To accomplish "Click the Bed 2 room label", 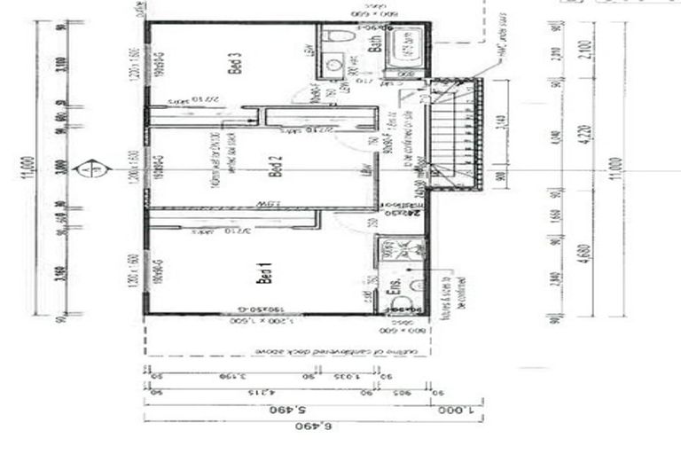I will (275, 167).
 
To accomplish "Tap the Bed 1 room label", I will (263, 274).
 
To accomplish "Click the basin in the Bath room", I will (334, 65).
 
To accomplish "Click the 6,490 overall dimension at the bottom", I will (322, 427).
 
